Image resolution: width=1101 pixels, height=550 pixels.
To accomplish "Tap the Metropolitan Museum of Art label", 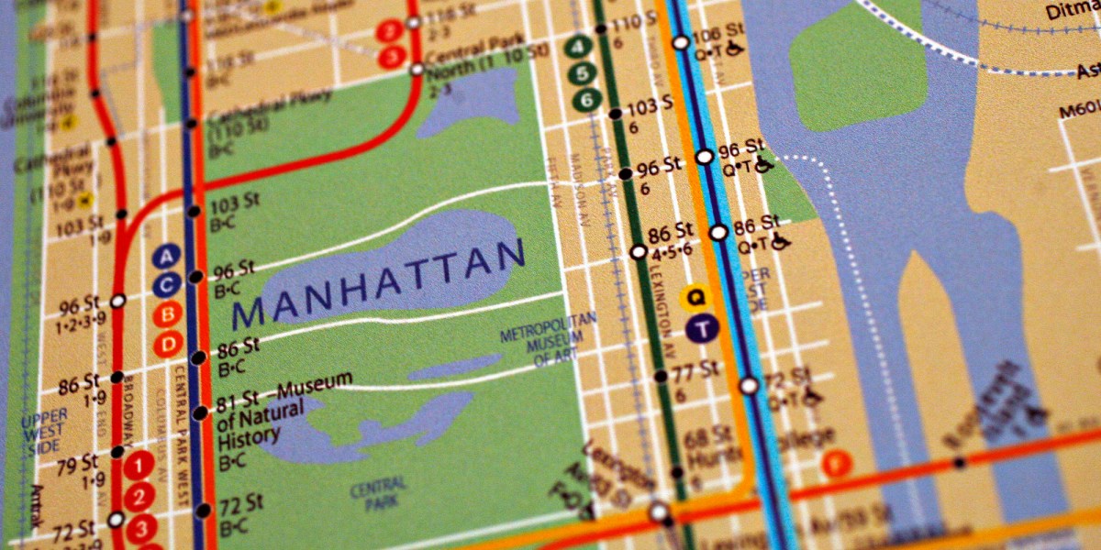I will point(548,340).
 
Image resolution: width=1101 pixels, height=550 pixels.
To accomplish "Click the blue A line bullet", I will point(166,256).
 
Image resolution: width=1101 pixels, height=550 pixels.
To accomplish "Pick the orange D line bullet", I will point(168,345).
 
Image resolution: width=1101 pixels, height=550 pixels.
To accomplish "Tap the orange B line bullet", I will point(167,315).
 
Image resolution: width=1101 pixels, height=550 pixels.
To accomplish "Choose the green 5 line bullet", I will point(580,73).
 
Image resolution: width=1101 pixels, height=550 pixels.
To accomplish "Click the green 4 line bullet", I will point(578,46).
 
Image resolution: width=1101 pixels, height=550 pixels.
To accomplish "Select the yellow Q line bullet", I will point(696,297).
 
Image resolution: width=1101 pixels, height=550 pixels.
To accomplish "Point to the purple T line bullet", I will point(701,330).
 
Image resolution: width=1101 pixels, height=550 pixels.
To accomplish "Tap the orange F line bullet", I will point(836,464).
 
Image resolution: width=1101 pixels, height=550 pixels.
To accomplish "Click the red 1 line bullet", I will point(138,467).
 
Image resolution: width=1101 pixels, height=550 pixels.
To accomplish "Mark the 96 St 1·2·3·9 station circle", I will point(118,301).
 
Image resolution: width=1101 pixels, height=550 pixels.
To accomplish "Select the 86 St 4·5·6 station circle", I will point(638,251).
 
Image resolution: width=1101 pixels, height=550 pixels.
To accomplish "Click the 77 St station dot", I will point(660,376).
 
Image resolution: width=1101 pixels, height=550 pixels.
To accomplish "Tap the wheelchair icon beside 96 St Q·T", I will point(763,165).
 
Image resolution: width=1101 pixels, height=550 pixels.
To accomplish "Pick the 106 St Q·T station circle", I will point(681,42).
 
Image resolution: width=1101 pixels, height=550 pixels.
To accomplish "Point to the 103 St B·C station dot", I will point(194,212).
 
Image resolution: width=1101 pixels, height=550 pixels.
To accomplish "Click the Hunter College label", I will point(757,449).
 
